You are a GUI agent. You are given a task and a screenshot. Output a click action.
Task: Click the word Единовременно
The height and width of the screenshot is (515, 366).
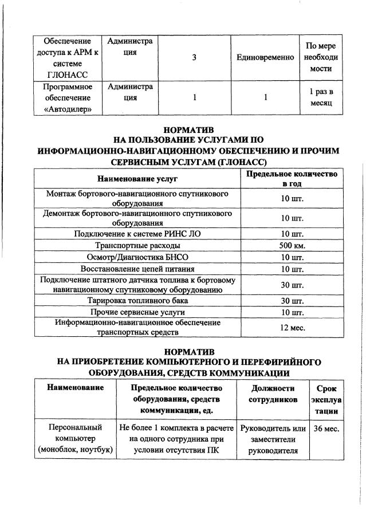point(265,58)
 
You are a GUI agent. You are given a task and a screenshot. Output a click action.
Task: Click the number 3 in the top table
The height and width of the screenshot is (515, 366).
point(194,58)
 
